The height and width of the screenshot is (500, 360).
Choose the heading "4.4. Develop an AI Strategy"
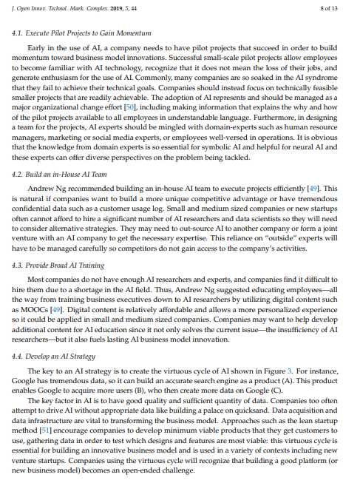click(58, 357)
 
